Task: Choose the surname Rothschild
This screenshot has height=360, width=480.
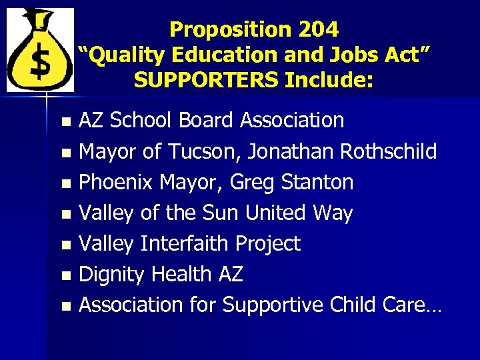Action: (x=389, y=151)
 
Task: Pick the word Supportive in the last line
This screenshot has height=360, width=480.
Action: (x=273, y=305)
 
